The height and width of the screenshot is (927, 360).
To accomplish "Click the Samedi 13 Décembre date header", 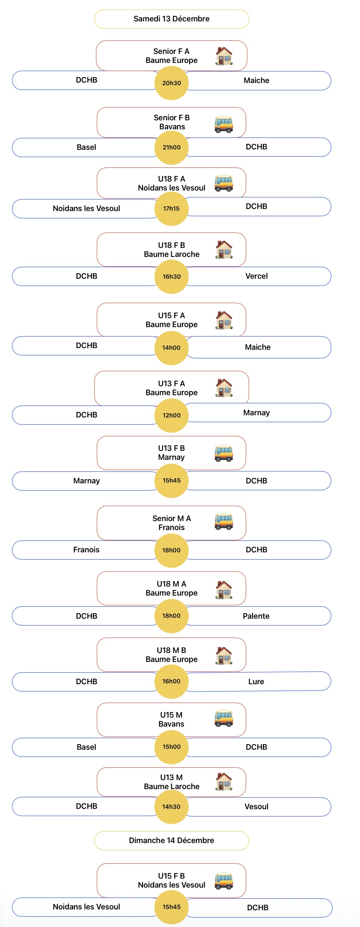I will [x=171, y=19].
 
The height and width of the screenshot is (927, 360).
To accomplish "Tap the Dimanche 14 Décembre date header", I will [x=171, y=841].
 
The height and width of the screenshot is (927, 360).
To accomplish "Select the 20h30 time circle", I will [x=171, y=83].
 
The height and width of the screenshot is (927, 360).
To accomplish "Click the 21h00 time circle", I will [x=171, y=147].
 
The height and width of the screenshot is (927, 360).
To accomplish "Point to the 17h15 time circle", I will [x=171, y=209].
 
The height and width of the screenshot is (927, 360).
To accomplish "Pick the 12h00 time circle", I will [x=171, y=415].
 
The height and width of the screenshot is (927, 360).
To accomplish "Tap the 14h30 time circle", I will [x=171, y=807].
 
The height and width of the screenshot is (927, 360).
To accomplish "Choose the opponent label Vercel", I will [x=256, y=276].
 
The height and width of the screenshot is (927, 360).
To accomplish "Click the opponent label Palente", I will [x=256, y=616].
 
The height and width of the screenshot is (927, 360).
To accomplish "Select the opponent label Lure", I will [x=256, y=682].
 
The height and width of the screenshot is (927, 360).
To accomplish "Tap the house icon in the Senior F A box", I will [x=224, y=56].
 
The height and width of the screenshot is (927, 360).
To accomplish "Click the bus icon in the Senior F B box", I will [x=224, y=124].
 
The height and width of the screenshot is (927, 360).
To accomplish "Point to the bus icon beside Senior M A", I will [x=224, y=521].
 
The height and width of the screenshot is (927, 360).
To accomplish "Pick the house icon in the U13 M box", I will [x=224, y=781].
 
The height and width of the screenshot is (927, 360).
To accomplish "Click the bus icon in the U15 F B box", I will [x=224, y=881].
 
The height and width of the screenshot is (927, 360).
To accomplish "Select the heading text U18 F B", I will [x=171, y=245].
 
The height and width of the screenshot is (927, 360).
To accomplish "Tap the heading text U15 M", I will [x=171, y=715].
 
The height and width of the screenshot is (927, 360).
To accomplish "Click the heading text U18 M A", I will [x=171, y=584].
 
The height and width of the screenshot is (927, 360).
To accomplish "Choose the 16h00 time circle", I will [x=171, y=681].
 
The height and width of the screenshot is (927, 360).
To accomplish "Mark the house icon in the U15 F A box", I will [x=224, y=320].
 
